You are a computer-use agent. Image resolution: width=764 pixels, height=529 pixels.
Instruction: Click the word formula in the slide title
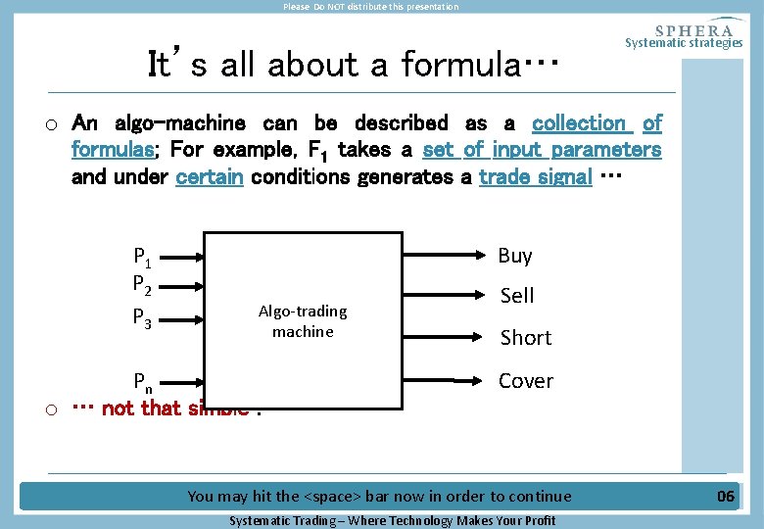tap(464, 65)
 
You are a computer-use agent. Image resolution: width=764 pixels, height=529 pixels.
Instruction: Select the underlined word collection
tap(581, 123)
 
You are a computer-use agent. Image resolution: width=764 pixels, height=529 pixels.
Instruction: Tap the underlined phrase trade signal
tap(536, 177)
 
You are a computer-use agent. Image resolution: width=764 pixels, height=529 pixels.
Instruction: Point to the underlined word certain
tap(209, 177)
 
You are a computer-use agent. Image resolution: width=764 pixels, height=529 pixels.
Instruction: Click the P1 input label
tap(141, 258)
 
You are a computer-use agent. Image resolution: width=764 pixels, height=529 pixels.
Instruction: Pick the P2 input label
tap(141, 285)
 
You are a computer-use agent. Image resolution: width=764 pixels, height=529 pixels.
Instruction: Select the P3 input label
tap(141, 317)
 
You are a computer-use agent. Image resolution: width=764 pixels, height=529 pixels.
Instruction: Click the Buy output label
tap(515, 256)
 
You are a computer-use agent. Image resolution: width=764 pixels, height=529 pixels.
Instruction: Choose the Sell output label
tap(517, 295)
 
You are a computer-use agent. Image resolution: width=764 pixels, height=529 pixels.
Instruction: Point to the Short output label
tap(526, 338)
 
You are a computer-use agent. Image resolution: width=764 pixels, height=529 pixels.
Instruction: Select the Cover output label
tap(526, 380)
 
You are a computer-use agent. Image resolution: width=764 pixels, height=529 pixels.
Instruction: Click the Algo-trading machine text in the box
tap(303, 321)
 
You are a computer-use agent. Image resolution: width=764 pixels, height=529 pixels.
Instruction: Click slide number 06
tap(725, 496)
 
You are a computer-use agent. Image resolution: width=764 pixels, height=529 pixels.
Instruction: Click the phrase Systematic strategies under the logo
tap(684, 42)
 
